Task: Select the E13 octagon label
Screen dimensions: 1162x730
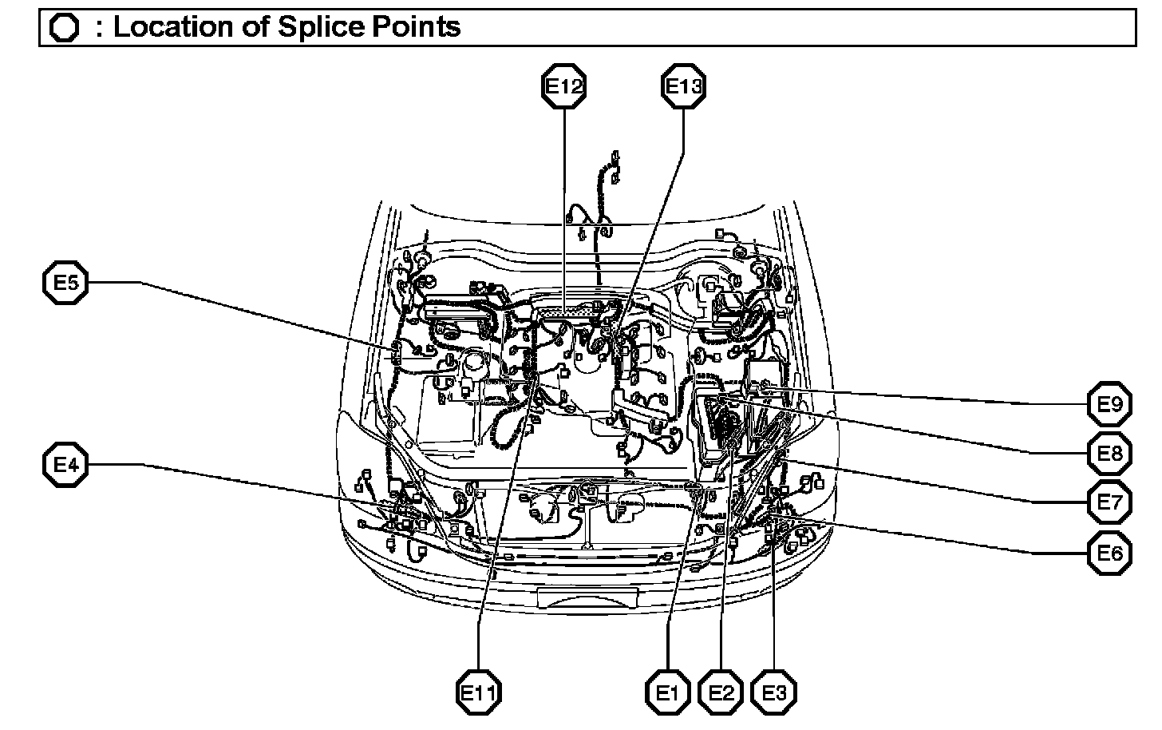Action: tap(683, 86)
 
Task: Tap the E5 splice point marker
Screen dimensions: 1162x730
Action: tap(65, 282)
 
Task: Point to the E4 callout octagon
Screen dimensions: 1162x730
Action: tap(65, 464)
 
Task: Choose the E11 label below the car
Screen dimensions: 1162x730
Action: tap(479, 692)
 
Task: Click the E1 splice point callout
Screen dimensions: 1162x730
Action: tap(668, 692)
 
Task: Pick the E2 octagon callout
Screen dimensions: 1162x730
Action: tap(721, 692)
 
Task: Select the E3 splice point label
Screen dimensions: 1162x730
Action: tap(774, 692)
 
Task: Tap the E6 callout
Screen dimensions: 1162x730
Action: tap(1109, 553)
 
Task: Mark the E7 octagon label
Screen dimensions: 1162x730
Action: tap(1109, 502)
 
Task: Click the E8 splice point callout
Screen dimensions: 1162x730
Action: tap(1109, 454)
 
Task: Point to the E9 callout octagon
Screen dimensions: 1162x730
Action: tap(1109, 404)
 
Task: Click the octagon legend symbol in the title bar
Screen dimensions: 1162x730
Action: tap(64, 28)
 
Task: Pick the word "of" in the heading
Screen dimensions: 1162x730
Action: tap(255, 27)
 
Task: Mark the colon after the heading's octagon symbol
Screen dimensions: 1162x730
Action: tap(99, 29)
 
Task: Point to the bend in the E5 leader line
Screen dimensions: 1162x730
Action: tap(142, 282)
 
